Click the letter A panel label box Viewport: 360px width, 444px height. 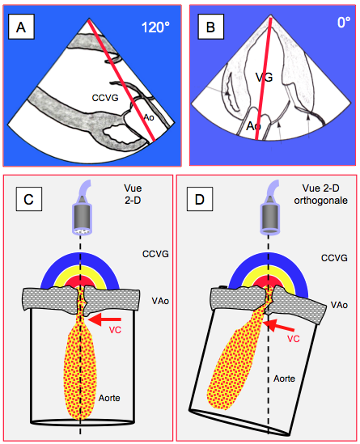coord(21,27)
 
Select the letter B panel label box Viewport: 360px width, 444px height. coord(211,27)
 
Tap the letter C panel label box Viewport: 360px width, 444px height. coord(29,199)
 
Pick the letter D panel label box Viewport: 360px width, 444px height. coord(200,199)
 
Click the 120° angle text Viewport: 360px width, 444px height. coord(155,27)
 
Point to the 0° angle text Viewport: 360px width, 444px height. coord(344,23)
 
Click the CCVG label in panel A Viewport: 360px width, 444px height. coord(105,98)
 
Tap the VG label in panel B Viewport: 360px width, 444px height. coord(265,77)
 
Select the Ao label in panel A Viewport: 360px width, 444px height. coord(149,117)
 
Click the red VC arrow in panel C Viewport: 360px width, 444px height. coord(104,319)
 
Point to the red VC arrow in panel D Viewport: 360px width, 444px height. coord(281,326)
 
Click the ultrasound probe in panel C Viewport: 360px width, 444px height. coord(82,207)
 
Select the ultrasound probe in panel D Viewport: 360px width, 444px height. coord(269,207)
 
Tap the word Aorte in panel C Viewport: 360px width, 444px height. coord(109,398)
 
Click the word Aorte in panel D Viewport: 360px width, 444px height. coord(284,378)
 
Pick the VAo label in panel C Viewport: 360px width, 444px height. coord(160,301)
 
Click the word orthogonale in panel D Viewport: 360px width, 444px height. coord(320,201)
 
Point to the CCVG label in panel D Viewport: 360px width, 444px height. coord(334,258)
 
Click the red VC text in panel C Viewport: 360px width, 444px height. coord(115,330)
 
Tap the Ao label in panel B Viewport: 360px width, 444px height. coord(253,125)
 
